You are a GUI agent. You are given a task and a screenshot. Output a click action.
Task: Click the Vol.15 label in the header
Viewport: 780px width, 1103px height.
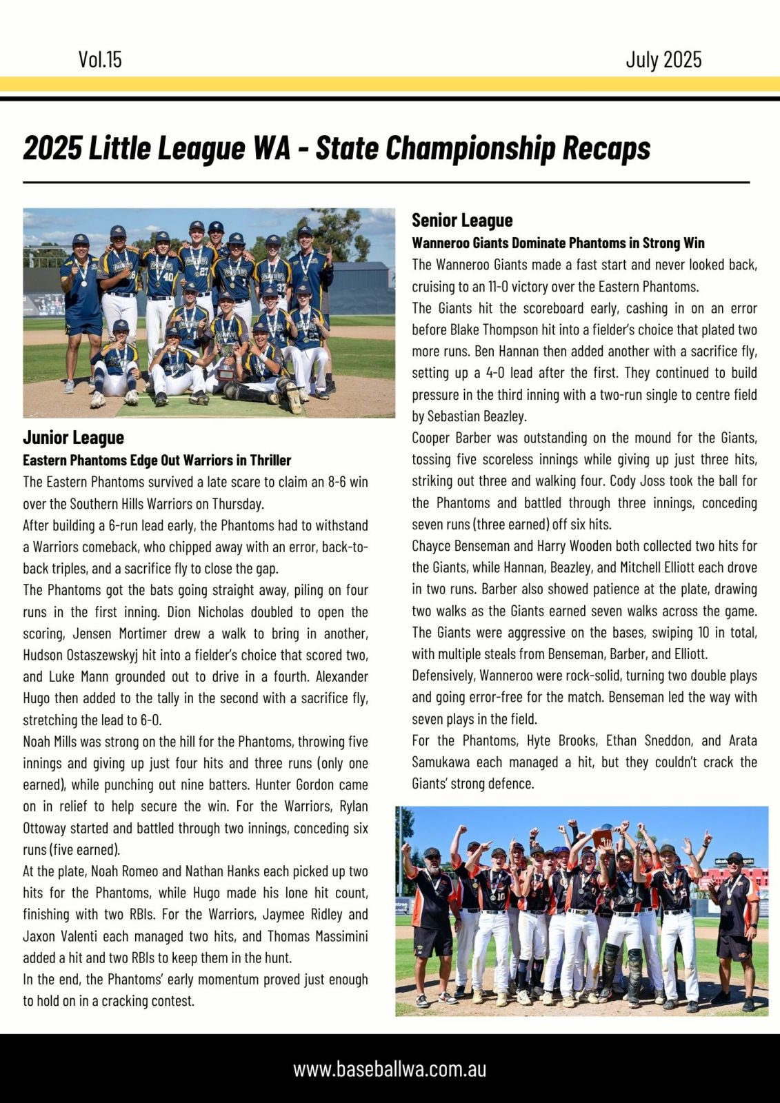coord(100,60)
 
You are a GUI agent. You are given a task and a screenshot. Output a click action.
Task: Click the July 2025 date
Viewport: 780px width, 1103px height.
coord(663,60)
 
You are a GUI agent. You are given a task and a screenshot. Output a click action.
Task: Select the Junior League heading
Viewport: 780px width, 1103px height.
coord(73,438)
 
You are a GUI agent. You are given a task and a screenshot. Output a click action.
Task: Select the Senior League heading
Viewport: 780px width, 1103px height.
coord(462,221)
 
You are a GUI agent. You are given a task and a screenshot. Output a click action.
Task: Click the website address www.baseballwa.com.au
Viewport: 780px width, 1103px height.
coord(390,1069)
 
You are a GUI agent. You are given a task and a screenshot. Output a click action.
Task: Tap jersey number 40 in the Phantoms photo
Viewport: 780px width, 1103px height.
coord(168,277)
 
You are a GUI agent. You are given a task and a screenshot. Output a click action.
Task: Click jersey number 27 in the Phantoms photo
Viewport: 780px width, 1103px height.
coord(204,272)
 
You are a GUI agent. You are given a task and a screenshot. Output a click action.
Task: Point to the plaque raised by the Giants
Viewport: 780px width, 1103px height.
coord(601,838)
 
